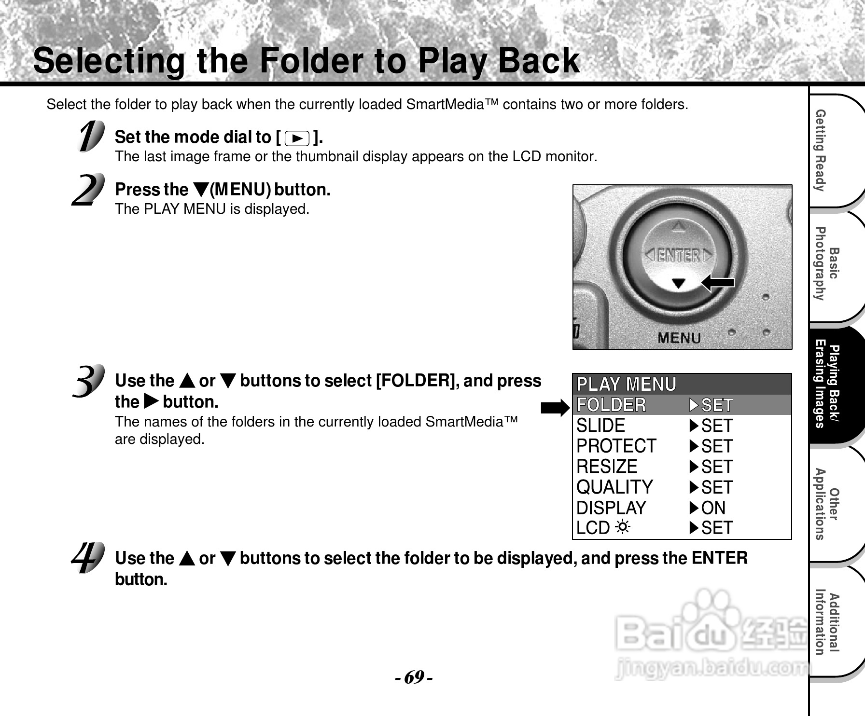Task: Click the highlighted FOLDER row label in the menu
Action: (x=611, y=405)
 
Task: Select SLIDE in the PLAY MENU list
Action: (x=600, y=426)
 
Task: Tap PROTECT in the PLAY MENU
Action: (x=616, y=446)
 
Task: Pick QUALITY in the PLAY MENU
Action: (x=614, y=487)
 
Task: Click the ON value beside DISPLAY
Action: (x=713, y=508)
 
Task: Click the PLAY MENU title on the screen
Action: (x=627, y=385)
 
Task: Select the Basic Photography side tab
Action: (x=826, y=264)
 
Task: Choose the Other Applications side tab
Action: (x=826, y=504)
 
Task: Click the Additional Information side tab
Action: (x=826, y=622)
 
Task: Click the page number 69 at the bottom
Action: (x=414, y=677)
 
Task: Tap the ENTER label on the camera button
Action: (x=679, y=255)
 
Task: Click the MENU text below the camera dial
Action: (x=679, y=338)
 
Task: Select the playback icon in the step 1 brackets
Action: (x=297, y=139)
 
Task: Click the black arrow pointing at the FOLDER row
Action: (x=555, y=408)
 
